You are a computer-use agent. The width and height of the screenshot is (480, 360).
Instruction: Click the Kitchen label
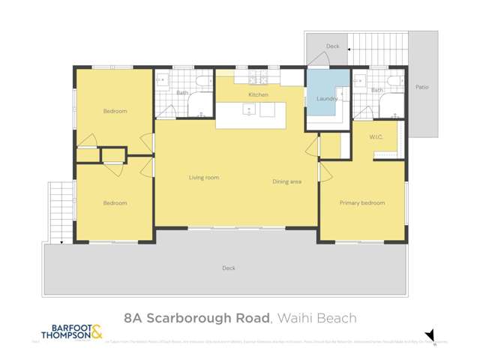click(258, 95)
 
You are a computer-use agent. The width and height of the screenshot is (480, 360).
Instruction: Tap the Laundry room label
click(327, 98)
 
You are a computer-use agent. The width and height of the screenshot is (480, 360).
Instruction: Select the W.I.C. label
click(376, 137)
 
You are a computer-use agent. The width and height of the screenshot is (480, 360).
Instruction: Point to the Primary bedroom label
click(361, 203)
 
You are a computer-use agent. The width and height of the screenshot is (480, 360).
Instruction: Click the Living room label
click(204, 178)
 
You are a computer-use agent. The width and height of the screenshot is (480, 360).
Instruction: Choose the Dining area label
click(286, 181)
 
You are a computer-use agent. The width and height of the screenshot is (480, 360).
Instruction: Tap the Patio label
click(422, 87)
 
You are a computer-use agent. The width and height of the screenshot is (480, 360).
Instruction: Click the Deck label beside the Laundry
click(332, 46)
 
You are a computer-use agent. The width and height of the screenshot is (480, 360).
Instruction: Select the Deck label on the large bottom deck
click(228, 268)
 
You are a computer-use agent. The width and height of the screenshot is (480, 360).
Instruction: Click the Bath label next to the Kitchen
click(183, 93)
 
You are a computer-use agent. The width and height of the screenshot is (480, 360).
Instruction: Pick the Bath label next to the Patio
click(376, 91)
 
